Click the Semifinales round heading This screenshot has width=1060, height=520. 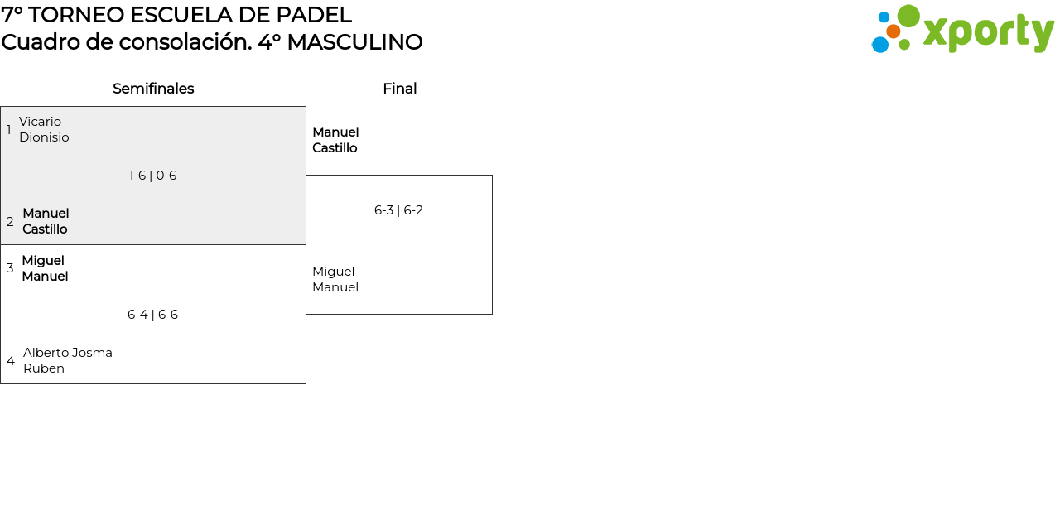pyautogui.click(x=153, y=89)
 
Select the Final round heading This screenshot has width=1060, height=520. pyautogui.click(x=400, y=89)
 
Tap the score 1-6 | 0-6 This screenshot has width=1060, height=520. pyautogui.click(x=153, y=176)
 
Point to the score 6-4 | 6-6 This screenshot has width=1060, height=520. pyautogui.click(x=153, y=315)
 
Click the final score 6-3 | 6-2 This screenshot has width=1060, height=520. pyautogui.click(x=398, y=210)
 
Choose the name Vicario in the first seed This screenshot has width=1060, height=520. pyautogui.click(x=41, y=122)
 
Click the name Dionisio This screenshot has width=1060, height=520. pyautogui.click(x=44, y=137)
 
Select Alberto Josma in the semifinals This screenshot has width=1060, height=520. pyautogui.click(x=68, y=353)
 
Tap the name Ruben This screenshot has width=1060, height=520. pyautogui.click(x=44, y=368)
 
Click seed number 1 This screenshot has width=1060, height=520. pyautogui.click(x=9, y=129)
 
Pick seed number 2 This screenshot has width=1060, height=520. pyautogui.click(x=10, y=221)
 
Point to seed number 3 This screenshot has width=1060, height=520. pyautogui.click(x=10, y=267)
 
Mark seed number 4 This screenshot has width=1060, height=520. pyautogui.click(x=11, y=360)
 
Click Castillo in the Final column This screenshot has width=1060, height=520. pyautogui.click(x=335, y=148)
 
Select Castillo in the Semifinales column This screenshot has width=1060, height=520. pyautogui.click(x=45, y=229)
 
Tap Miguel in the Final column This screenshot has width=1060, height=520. pyautogui.click(x=333, y=272)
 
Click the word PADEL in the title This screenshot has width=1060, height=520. pyautogui.click(x=314, y=15)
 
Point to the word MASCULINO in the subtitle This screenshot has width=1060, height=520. pyautogui.click(x=354, y=42)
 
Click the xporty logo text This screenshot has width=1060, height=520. pyautogui.click(x=988, y=32)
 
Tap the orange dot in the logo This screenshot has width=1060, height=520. pyautogui.click(x=893, y=31)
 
